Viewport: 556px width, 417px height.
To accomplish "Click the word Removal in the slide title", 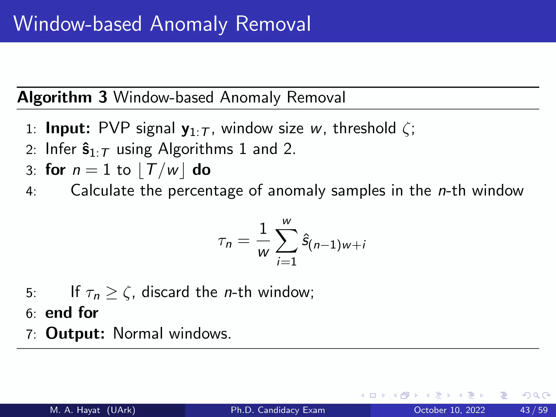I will click(273, 24).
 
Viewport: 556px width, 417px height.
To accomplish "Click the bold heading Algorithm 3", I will click(62, 97).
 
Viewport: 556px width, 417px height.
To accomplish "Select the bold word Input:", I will click(68, 128).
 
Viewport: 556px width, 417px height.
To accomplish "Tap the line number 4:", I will click(31, 191).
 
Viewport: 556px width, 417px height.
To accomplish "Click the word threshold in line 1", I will click(364, 128).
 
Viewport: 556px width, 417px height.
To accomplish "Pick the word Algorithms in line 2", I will click(195, 149).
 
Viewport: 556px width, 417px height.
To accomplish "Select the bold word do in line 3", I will click(201, 170).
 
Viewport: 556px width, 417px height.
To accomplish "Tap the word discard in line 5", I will click(165, 292).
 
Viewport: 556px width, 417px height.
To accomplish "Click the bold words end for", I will click(72, 313).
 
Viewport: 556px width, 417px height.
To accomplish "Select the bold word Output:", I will click(75, 333).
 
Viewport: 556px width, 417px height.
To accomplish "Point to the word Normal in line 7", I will click(138, 333).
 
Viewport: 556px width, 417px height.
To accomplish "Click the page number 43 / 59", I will click(534, 410).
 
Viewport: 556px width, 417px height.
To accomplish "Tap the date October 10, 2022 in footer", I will click(449, 410).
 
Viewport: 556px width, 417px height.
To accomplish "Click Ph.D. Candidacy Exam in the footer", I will click(278, 410).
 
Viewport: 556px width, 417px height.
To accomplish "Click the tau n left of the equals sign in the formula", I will click(225, 242).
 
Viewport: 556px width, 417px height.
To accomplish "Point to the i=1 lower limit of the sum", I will click(286, 262).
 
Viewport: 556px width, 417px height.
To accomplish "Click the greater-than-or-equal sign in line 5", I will click(111, 293).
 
